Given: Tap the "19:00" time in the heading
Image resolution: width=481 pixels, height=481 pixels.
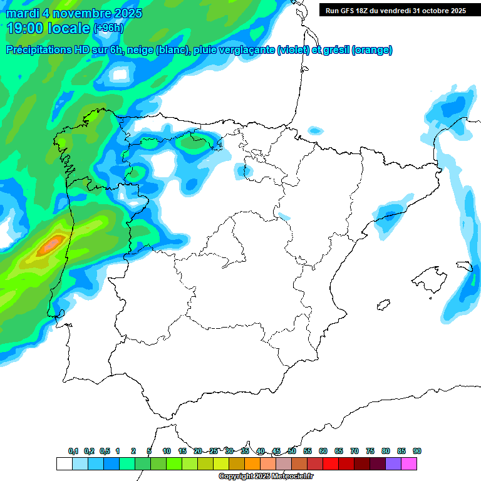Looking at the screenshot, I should (24, 28).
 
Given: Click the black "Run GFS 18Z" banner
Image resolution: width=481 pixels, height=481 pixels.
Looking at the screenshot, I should (395, 10).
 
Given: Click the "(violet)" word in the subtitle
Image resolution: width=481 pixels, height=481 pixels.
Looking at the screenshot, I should (294, 50).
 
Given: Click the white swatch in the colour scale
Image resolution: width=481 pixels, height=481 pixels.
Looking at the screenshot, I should (64, 464).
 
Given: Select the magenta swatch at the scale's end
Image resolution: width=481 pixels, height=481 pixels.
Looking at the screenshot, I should (409, 464).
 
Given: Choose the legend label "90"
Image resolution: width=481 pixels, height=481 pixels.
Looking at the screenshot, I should (417, 451).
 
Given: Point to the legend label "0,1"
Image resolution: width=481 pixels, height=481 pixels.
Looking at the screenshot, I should (73, 451).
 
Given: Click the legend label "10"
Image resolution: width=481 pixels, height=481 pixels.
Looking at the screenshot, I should (167, 451).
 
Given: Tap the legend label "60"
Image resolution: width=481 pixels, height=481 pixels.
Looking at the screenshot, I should (323, 451).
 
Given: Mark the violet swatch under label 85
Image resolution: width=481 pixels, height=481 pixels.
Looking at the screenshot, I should (393, 464).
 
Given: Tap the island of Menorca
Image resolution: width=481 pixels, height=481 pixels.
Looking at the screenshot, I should (464, 266).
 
